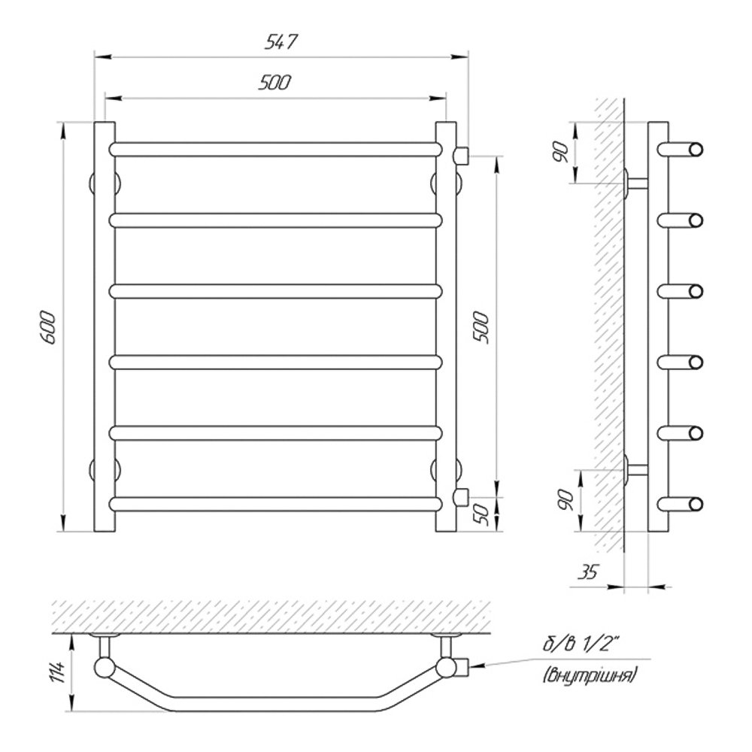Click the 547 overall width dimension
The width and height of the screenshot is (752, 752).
point(281,42)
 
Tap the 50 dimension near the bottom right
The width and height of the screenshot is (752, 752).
point(483,514)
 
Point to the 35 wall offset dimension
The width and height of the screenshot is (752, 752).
point(588,572)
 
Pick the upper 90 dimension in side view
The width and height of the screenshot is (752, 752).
point(562,153)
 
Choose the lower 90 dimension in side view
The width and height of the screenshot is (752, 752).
point(566,500)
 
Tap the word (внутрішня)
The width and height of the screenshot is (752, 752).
point(590,675)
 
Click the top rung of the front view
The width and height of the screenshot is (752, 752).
point(276,149)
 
